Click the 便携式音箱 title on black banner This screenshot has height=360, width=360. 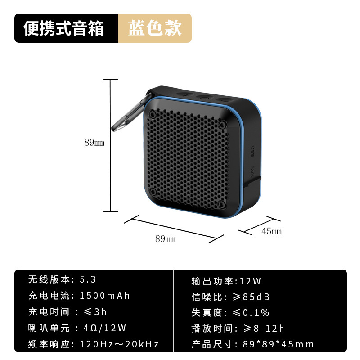(x=64, y=28)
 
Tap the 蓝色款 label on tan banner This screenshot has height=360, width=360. (x=154, y=28)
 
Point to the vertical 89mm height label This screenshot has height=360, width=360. (x=94, y=143)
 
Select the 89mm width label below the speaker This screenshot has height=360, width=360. (x=165, y=239)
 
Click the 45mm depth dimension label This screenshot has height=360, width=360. (x=271, y=231)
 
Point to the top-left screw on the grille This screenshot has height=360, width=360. (x=153, y=115)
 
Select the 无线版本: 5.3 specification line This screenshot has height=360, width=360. (x=62, y=279)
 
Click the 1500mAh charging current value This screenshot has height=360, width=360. (x=104, y=296)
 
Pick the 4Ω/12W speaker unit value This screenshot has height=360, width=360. (x=103, y=328)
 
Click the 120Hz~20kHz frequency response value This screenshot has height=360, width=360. (x=119, y=345)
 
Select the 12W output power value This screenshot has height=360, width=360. (x=250, y=281)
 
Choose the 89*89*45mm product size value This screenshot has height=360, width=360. (x=278, y=345)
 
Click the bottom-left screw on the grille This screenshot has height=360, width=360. (x=153, y=193)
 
